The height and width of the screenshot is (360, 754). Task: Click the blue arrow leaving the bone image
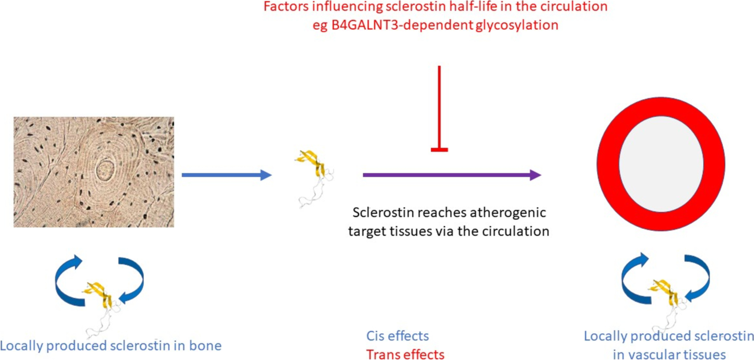[226, 175]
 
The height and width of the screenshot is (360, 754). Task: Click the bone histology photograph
[93, 172]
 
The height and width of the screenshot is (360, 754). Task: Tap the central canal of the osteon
[105, 169]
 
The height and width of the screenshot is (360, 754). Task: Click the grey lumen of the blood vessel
[661, 164]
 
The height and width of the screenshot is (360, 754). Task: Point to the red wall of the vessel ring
[608, 164]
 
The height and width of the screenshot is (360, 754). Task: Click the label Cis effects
[397, 336]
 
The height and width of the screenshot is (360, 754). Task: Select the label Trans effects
[405, 354]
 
